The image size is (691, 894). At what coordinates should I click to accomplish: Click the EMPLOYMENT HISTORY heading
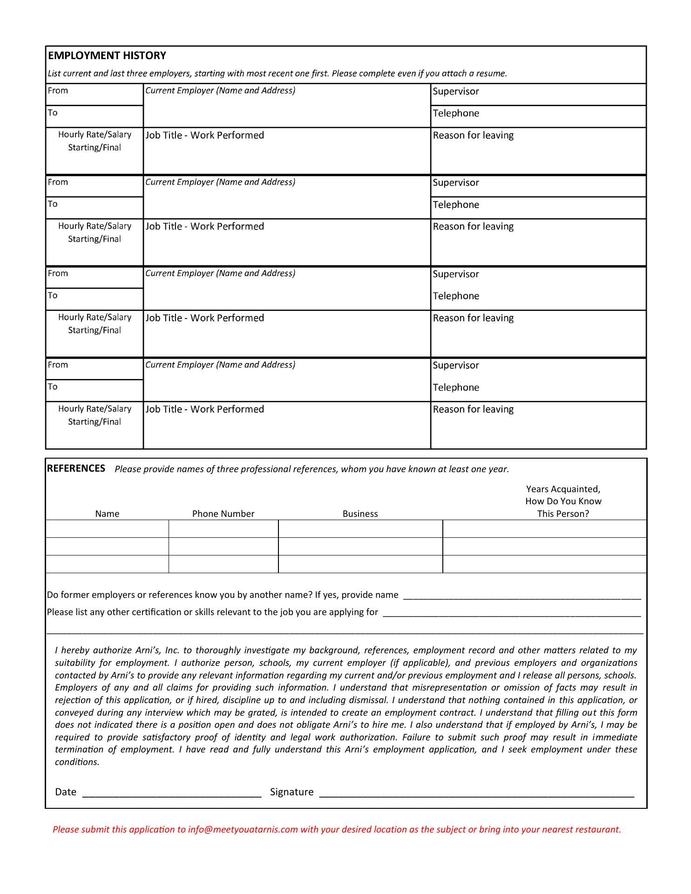click(107, 56)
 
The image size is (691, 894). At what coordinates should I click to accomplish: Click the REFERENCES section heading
click(76, 468)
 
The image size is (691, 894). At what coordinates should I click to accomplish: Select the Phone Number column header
click(223, 514)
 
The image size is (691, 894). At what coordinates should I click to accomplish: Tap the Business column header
click(360, 514)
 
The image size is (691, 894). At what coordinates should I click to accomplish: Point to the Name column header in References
click(107, 514)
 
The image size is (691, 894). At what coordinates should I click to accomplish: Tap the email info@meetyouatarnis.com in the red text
click(243, 829)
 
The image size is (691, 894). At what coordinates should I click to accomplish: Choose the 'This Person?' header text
click(563, 514)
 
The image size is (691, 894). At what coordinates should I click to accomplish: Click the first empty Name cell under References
click(107, 529)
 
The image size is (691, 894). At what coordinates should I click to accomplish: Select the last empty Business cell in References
click(360, 564)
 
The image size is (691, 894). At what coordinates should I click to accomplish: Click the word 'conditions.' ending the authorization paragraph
click(77, 762)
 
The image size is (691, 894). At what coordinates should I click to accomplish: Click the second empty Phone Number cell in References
click(223, 546)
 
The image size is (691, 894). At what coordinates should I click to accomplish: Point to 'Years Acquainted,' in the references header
click(563, 489)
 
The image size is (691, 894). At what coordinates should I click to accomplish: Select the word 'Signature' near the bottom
click(291, 792)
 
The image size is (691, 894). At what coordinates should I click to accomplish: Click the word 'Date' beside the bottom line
click(66, 792)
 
